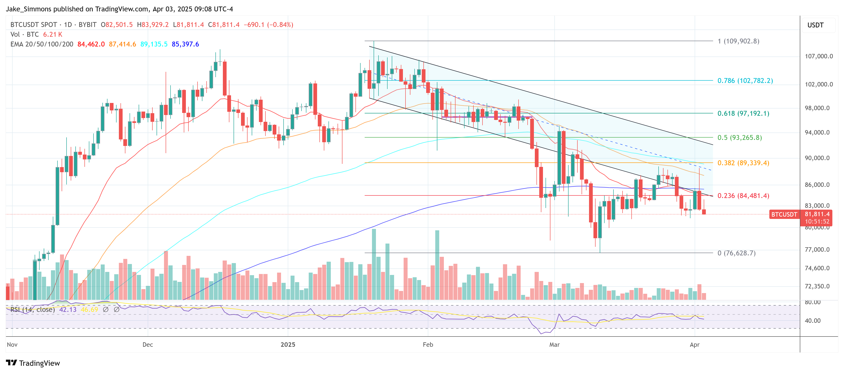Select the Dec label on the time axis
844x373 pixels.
(148, 345)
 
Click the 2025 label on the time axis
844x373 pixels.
(288, 345)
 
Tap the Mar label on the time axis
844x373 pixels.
(554, 345)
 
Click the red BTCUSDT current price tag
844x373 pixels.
(784, 214)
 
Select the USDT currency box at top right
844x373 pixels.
(815, 25)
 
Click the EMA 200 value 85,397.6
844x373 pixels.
(185, 44)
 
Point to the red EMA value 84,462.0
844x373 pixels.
(91, 44)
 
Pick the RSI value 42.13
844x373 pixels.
(68, 310)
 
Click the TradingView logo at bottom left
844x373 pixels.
(33, 363)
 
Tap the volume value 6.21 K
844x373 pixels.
(52, 34)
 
